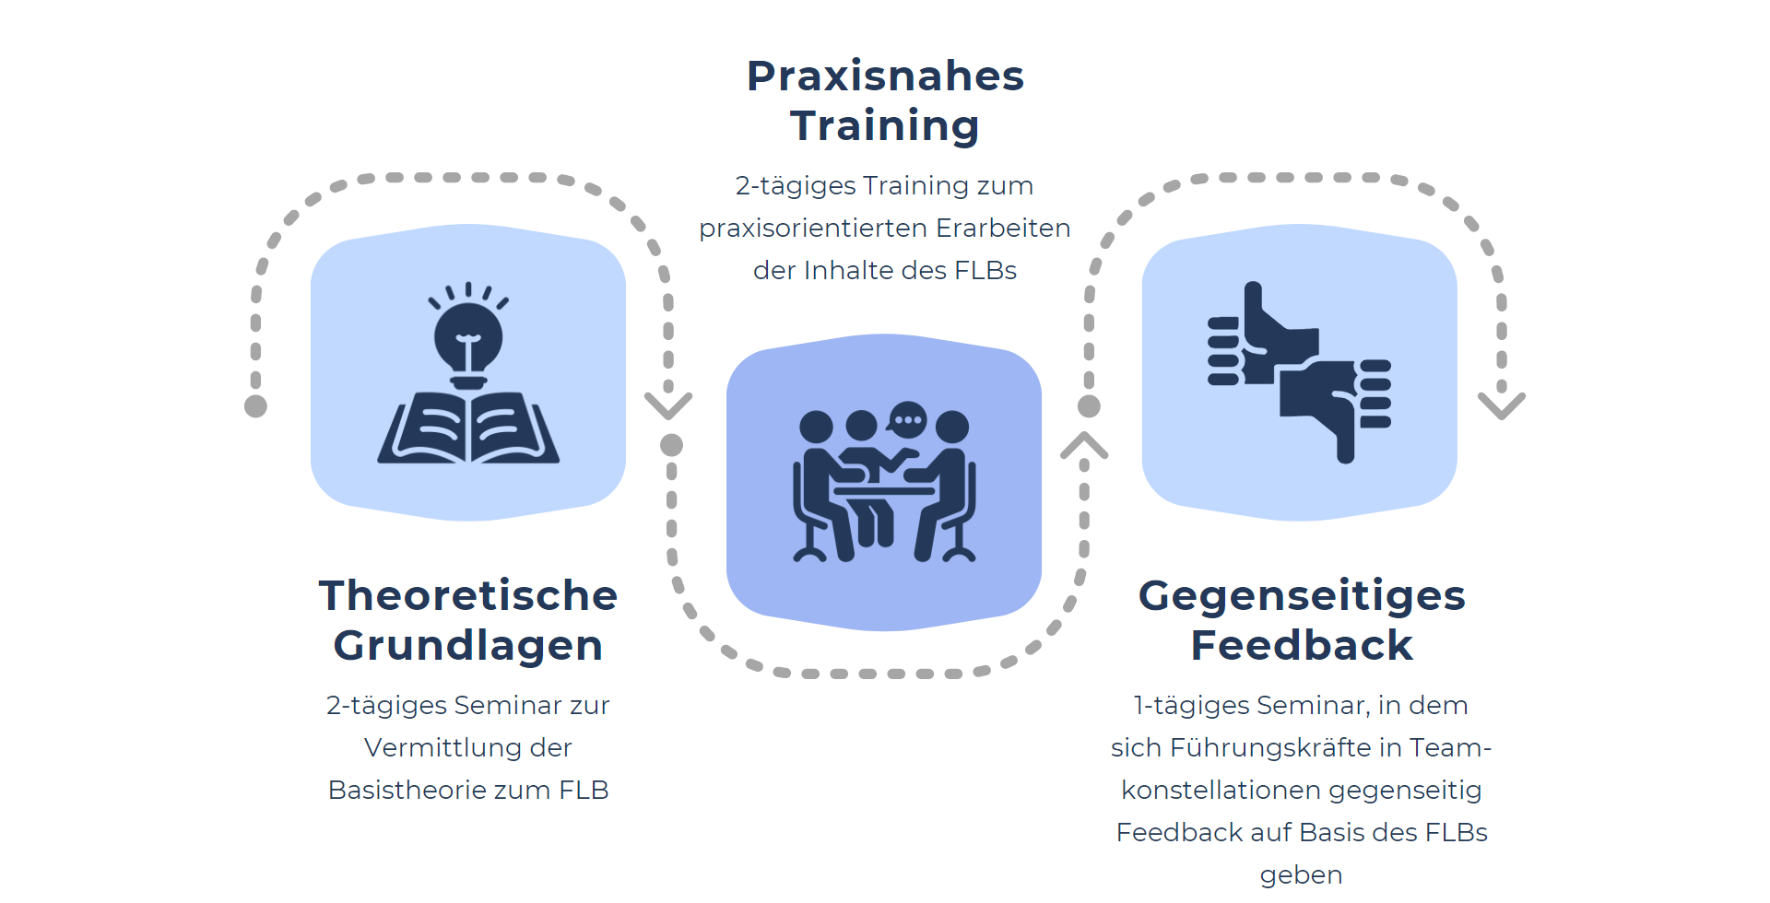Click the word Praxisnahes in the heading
pos(885,76)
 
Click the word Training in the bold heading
pos(885,126)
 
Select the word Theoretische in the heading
pos(468,595)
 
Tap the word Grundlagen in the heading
pos(468,646)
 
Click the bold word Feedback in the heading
pos(1302,645)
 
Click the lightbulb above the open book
pos(468,335)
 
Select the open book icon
pos(468,428)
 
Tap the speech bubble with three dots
pos(908,420)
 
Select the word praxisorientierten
pos(813,229)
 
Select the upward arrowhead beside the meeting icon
pos(1084,446)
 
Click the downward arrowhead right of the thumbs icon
pos(1502,405)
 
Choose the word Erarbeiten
pos(1003,229)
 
